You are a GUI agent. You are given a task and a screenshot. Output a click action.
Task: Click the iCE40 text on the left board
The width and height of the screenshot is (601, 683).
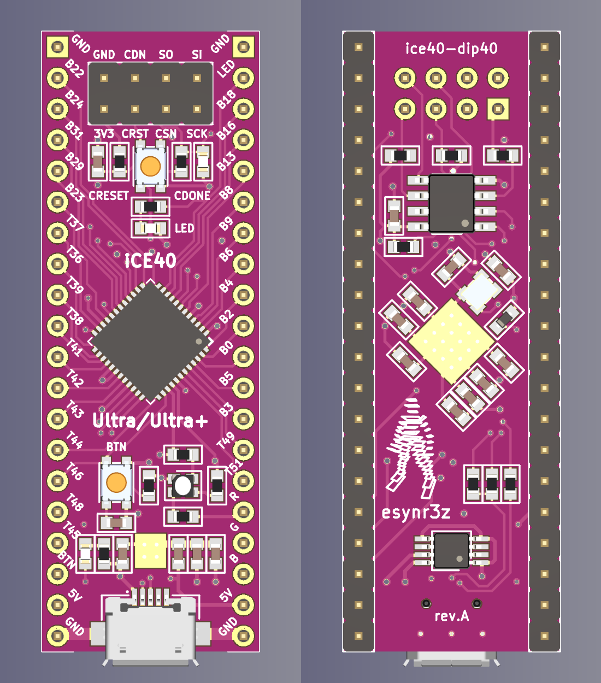point(150,261)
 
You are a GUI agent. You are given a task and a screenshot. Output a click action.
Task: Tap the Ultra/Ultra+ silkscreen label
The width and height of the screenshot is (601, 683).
point(150,420)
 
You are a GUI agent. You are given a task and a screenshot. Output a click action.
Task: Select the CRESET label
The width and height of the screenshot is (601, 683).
point(109,196)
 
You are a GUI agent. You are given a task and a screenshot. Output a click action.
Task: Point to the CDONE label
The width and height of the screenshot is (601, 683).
point(192,196)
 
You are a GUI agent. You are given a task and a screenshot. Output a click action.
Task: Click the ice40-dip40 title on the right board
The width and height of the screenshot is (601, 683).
point(451,49)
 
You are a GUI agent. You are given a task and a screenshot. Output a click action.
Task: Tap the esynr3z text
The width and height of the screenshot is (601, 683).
point(416,513)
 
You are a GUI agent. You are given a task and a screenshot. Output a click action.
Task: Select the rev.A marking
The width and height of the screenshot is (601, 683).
point(451,616)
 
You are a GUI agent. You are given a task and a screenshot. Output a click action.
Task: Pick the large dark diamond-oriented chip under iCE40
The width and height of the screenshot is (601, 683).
point(150,341)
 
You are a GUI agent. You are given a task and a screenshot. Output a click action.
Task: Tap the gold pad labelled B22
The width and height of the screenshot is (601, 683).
point(57,78)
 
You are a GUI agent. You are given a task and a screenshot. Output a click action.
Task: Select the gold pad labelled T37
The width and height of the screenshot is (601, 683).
point(57,233)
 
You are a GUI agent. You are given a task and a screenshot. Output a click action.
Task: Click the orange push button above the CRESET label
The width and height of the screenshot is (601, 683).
point(150,166)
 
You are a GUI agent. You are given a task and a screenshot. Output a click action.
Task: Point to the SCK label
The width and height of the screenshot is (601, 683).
point(197,134)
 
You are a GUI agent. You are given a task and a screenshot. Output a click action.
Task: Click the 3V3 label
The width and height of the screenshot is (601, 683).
point(104,134)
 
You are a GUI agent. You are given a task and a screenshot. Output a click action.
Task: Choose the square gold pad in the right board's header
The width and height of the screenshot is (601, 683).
point(498,109)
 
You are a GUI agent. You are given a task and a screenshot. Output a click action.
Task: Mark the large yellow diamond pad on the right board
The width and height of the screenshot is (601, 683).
point(451,341)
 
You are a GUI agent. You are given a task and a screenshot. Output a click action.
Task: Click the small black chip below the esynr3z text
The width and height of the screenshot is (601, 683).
point(451,551)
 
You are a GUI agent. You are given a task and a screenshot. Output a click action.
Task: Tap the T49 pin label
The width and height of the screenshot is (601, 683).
point(226,440)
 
